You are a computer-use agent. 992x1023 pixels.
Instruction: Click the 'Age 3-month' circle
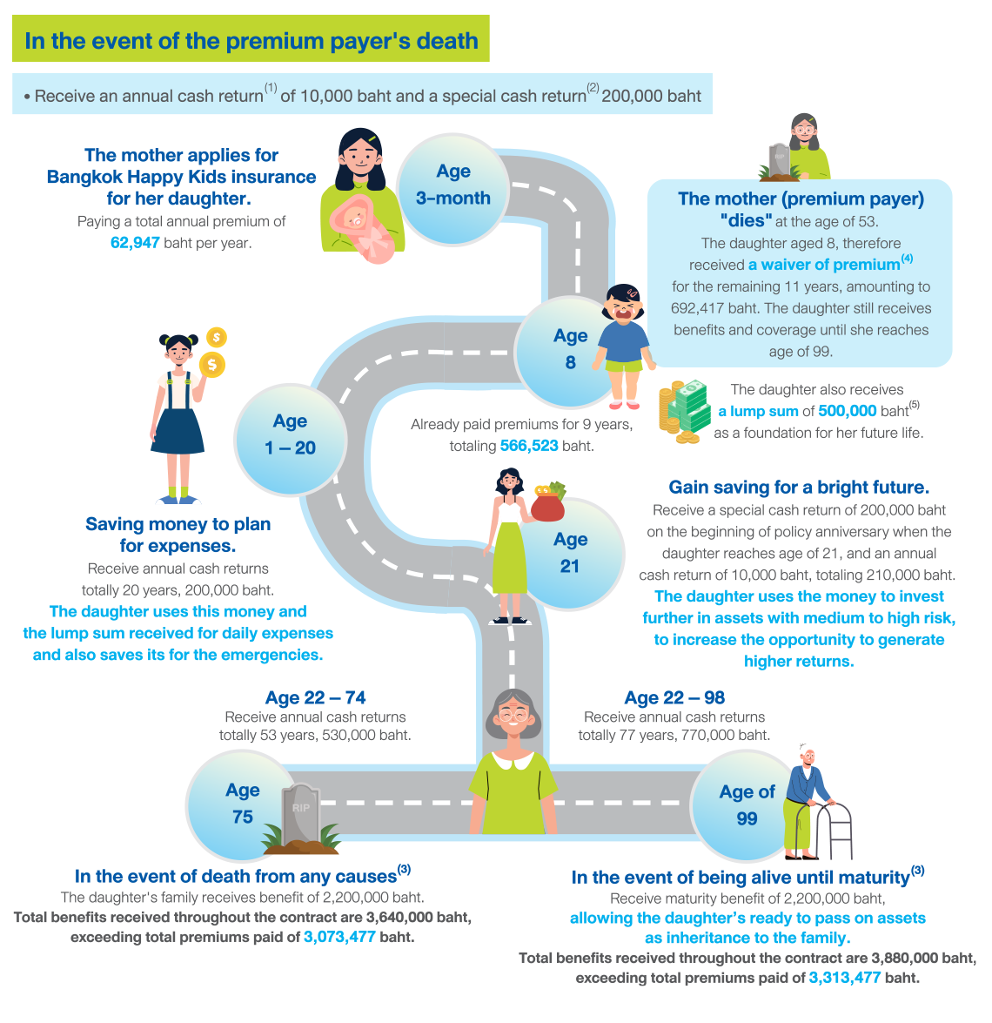[452, 185]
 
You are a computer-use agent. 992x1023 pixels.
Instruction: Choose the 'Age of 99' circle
[745, 805]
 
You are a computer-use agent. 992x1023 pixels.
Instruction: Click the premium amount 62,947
[135, 243]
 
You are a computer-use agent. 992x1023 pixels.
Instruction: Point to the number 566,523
[529, 446]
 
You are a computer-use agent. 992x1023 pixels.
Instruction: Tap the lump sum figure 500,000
[847, 411]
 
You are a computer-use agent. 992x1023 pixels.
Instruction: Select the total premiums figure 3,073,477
[339, 938]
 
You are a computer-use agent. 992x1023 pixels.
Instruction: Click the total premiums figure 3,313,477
[844, 978]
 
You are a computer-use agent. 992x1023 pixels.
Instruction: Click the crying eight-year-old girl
[624, 344]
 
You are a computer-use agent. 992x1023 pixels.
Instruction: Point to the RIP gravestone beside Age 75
[301, 817]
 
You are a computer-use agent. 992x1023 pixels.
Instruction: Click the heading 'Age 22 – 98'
[674, 697]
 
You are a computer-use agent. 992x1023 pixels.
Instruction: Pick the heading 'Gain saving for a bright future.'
[799, 487]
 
